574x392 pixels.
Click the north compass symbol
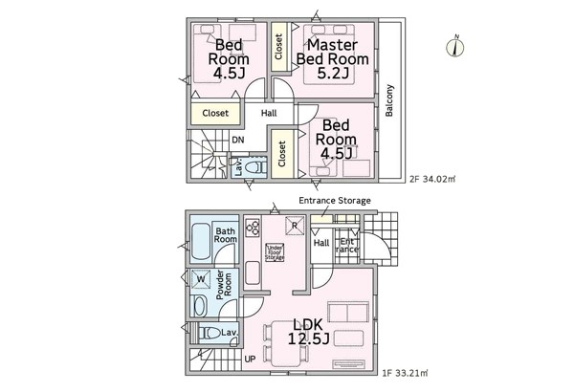[x=455, y=47]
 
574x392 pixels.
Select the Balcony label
[x=389, y=100]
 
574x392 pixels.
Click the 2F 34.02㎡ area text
[x=432, y=180]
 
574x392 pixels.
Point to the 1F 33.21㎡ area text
[x=405, y=373]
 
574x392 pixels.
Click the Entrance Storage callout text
[x=335, y=201]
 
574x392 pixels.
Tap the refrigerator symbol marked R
[x=295, y=226]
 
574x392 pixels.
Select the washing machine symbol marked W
[x=201, y=279]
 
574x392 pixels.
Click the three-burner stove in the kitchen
[x=253, y=228]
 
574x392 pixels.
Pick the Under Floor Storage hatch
[x=275, y=252]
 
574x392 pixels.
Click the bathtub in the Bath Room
[x=201, y=242]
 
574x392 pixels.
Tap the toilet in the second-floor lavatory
[x=255, y=168]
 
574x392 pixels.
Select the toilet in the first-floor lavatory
[x=210, y=333]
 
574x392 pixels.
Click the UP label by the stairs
[x=250, y=359]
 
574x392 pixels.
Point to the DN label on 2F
[x=238, y=140]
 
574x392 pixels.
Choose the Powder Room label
[x=224, y=285]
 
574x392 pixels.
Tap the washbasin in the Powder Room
[x=200, y=306]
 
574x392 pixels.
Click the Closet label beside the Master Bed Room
[x=278, y=47]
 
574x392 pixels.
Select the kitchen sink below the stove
[x=253, y=272]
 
